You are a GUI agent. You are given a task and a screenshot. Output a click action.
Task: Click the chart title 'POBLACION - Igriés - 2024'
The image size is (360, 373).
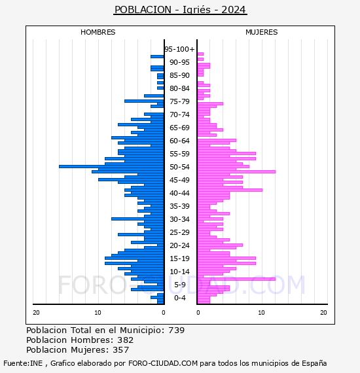tap(180, 10)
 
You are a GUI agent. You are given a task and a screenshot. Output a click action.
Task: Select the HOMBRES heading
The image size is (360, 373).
tap(98, 32)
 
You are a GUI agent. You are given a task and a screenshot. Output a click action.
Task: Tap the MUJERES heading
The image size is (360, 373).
tap(262, 32)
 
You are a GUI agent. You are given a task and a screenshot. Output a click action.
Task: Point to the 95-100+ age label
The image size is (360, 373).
tap(179, 49)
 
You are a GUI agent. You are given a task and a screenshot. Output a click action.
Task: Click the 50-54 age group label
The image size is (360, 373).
tap(179, 167)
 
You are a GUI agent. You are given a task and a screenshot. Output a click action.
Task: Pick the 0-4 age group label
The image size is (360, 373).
tap(179, 298)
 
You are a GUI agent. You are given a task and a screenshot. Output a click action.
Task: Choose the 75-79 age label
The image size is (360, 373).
tap(179, 101)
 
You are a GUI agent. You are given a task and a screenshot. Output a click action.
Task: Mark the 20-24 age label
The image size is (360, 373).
tap(179, 245)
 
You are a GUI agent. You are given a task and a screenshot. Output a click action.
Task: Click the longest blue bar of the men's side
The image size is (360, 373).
tap(111, 166)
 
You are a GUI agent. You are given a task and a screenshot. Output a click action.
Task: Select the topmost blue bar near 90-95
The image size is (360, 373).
tap(157, 57)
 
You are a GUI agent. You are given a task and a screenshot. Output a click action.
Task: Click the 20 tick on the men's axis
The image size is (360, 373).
tap(36, 312)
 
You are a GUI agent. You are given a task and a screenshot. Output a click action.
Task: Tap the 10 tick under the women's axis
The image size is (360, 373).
tap(261, 312)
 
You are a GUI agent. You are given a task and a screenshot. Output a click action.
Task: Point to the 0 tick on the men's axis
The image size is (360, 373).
tap(163, 312)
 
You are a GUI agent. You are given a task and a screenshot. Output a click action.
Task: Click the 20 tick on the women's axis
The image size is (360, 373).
tap(323, 312)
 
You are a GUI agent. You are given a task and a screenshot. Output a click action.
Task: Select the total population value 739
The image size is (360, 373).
tap(176, 330)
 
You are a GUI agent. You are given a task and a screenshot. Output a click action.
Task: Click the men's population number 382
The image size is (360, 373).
tap(126, 340)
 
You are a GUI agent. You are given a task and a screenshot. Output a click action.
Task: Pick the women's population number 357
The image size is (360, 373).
tap(121, 349)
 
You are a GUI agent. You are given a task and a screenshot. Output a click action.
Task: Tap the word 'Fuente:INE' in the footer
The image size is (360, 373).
tap(23, 363)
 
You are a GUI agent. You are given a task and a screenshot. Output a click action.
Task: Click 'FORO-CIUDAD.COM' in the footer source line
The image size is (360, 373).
tap(163, 363)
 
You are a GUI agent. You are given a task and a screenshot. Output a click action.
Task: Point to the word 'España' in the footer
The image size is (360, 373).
tap(314, 363)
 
